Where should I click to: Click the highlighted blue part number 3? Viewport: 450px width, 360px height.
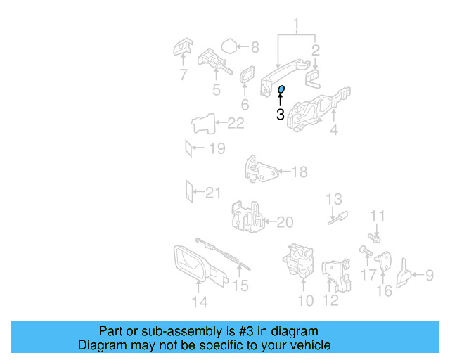tap(281, 89)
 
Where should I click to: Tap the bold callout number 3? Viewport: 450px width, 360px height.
tap(280, 115)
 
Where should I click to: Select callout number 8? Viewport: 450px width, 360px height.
tap(255, 48)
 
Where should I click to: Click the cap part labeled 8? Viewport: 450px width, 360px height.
tap(229, 47)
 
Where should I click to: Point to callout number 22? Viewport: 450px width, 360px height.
tap(236, 124)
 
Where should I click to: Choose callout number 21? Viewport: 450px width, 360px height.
tap(213, 191)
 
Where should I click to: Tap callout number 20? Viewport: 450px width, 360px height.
tap(284, 222)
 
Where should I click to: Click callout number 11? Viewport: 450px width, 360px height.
tap(378, 216)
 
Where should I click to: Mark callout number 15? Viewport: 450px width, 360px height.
tap(240, 285)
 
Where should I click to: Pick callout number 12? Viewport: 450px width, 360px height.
tap(330, 301)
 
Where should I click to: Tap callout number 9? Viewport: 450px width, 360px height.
tap(429, 275)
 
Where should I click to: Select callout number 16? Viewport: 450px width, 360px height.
tap(384, 290)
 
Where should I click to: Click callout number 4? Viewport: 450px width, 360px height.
tap(333, 129)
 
